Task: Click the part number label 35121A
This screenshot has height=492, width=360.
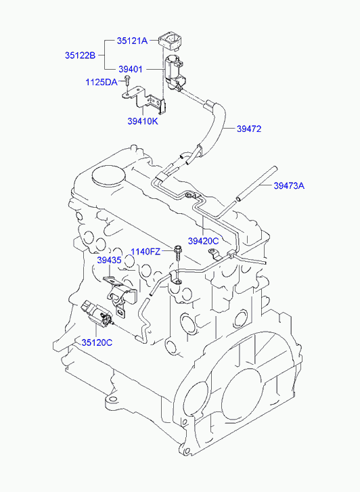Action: (x=132, y=41)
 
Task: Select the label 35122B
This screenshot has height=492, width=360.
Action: (x=80, y=55)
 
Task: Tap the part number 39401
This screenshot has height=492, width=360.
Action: (x=131, y=69)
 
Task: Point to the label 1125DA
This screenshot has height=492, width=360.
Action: (x=102, y=83)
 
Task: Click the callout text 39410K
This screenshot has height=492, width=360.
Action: (x=143, y=121)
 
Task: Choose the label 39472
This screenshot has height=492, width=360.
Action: (x=249, y=129)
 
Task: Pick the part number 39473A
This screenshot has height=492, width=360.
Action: (x=289, y=185)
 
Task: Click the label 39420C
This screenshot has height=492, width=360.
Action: (x=203, y=241)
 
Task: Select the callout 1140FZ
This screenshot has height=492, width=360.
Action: (x=145, y=252)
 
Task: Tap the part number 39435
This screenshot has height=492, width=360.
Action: (x=109, y=260)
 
